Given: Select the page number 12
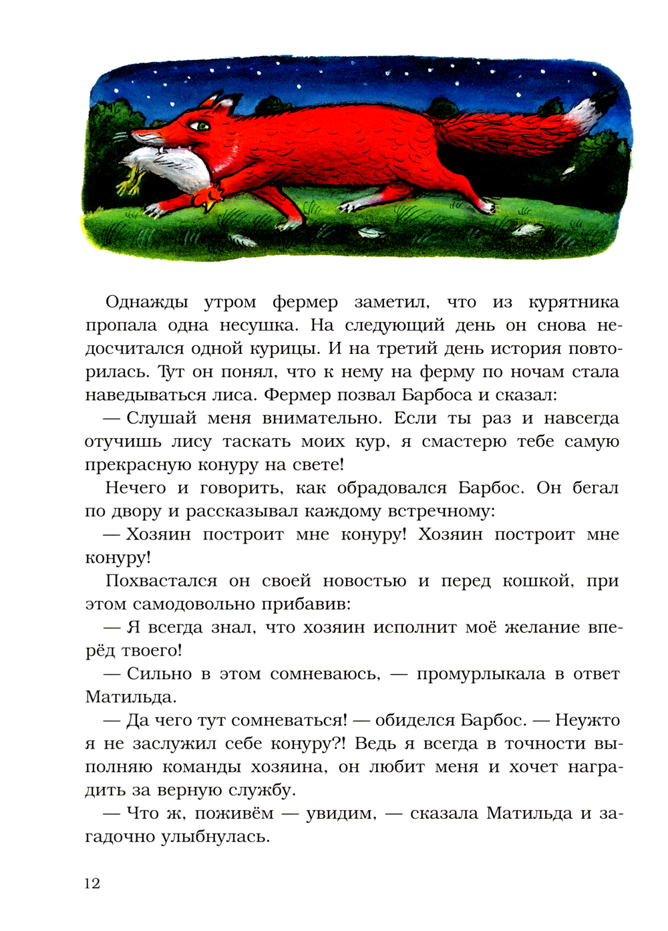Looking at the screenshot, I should click(x=92, y=884).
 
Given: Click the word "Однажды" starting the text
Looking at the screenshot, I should click(x=147, y=303).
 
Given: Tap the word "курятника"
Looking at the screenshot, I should click(x=573, y=303).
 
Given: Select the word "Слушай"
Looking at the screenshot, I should click(x=162, y=419).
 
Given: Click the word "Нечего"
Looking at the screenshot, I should click(x=136, y=488).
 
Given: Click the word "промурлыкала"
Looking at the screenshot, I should click(x=480, y=674).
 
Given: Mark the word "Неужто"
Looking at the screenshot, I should click(x=587, y=721).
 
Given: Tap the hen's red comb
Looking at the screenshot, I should click(x=212, y=195).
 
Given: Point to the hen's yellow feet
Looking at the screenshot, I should click(x=131, y=180).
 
